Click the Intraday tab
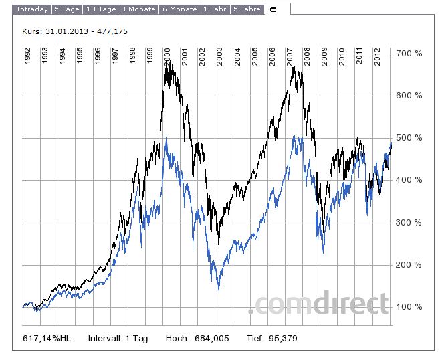click(x=32, y=9)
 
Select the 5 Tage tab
click(x=68, y=9)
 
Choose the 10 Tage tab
click(x=100, y=9)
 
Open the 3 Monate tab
click(x=138, y=9)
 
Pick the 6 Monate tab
click(x=180, y=9)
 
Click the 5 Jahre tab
click(x=247, y=9)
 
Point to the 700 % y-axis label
click(x=409, y=53)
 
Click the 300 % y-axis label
click(x=409, y=223)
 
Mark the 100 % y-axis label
click(x=409, y=307)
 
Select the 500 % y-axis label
click(x=409, y=138)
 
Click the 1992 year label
click(x=27, y=56)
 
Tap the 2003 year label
click(x=220, y=56)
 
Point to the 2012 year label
click(x=377, y=56)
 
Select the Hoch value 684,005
click(x=211, y=339)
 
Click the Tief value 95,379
click(x=280, y=339)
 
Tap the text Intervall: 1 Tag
click(x=118, y=339)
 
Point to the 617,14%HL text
click(x=47, y=339)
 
